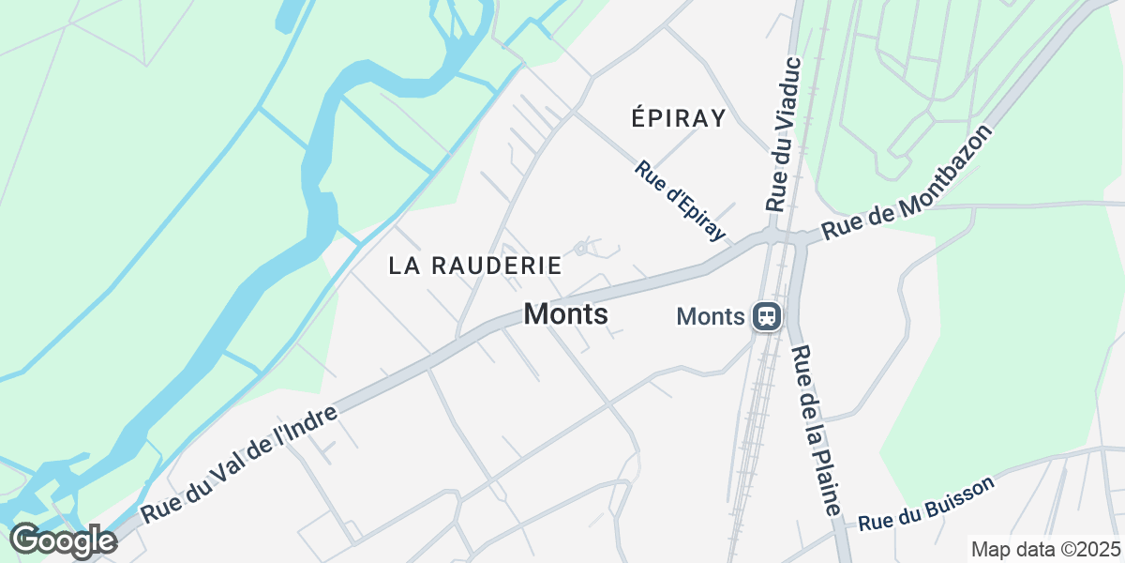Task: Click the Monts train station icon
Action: (767, 316)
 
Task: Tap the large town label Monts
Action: (566, 314)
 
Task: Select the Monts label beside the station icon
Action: (710, 317)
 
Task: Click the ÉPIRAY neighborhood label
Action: (679, 118)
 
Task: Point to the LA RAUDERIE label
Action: (475, 266)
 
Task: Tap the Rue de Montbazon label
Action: (907, 183)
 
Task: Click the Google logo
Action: (63, 541)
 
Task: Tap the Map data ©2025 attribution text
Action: (1044, 549)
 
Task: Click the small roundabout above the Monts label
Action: (581, 248)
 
